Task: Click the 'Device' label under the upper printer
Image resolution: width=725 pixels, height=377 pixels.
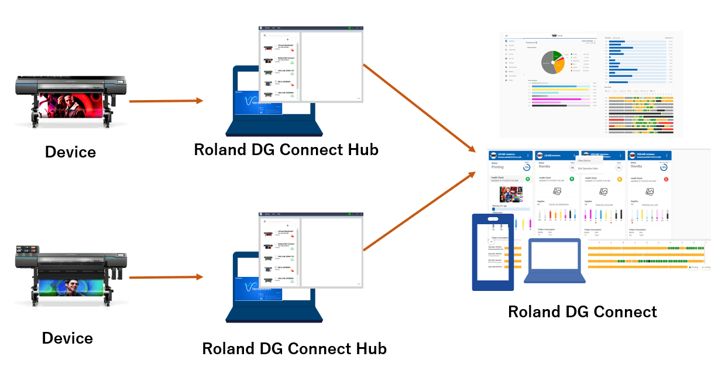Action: click(70, 152)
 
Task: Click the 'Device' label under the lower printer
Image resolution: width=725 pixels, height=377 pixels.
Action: click(67, 338)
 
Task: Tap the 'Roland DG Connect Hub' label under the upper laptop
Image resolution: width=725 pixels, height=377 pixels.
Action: click(286, 150)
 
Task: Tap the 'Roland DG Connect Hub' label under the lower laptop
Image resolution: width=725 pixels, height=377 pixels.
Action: click(294, 349)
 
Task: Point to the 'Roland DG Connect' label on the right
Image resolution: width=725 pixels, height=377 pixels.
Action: click(582, 312)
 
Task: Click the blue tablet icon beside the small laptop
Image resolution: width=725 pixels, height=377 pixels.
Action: click(493, 252)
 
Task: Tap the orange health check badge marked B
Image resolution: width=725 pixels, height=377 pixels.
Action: click(620, 179)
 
